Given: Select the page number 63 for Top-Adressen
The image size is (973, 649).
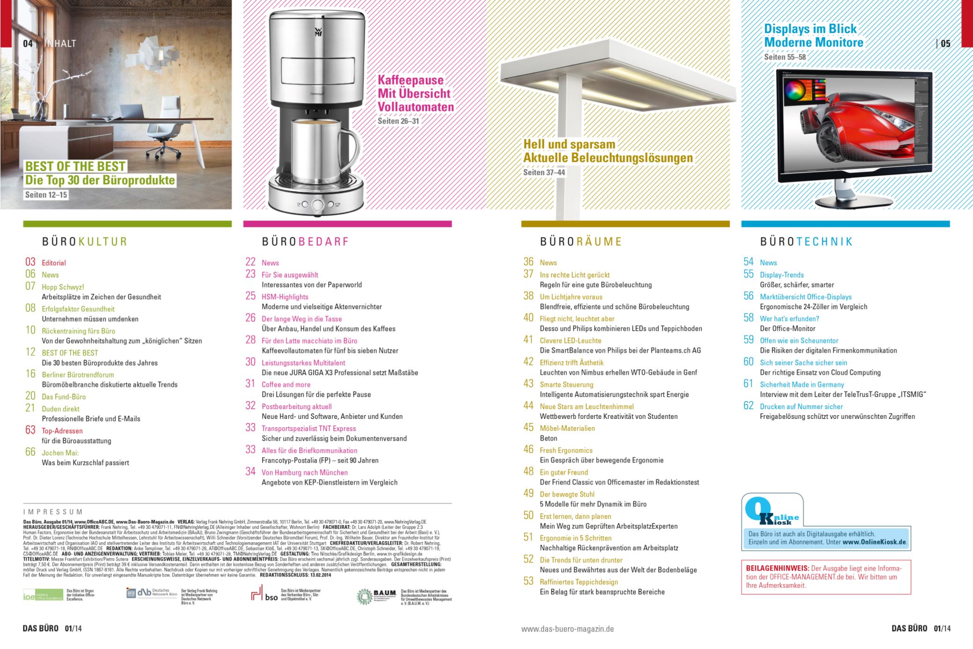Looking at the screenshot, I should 30,430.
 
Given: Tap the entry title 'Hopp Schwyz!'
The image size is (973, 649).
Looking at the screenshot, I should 63,287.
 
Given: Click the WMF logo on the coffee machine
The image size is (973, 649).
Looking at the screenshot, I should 318,32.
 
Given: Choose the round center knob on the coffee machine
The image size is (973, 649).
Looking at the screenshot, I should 318,204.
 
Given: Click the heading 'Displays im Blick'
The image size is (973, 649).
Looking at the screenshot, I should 810,29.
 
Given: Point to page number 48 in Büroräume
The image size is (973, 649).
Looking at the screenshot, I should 528,472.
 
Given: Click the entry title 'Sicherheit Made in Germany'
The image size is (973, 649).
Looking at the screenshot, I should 802,385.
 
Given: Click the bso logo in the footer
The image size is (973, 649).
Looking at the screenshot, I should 264,595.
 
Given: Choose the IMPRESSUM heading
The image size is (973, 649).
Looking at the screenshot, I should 53,512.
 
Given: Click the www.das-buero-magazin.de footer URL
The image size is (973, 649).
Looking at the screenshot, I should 567,629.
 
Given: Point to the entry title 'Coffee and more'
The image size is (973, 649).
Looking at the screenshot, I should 286,385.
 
